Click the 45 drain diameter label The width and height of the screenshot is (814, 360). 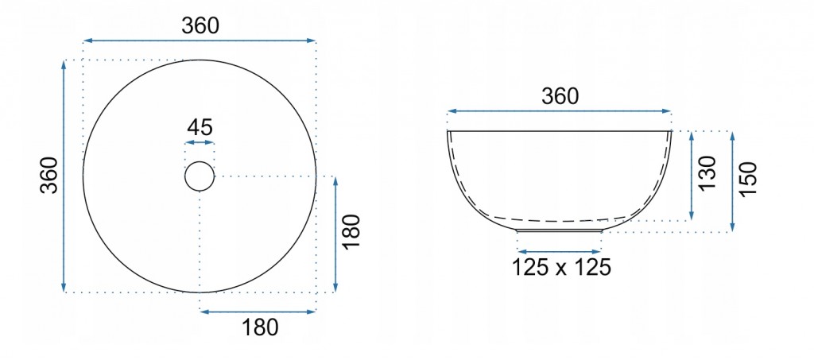point(200,127)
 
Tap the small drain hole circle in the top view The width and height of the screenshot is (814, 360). point(200,162)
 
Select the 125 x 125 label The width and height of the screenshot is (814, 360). point(560,267)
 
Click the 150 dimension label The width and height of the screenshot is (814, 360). point(749,179)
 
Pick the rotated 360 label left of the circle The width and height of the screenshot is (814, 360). point(49,175)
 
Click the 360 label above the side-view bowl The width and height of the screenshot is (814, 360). point(560,96)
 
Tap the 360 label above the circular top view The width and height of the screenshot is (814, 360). point(200,26)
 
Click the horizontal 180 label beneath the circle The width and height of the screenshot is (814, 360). point(260,327)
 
